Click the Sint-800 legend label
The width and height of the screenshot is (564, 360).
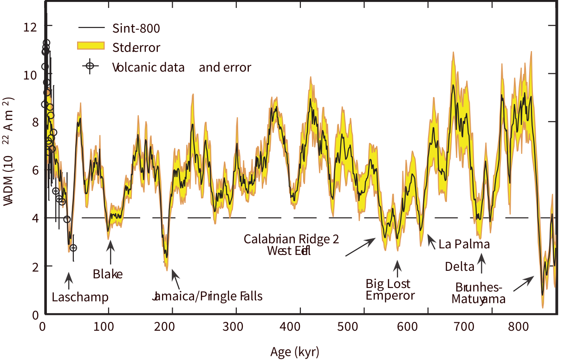coord(136,28)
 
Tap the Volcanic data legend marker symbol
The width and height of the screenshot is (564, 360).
coord(90,66)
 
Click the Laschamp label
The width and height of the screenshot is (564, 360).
coord(80,297)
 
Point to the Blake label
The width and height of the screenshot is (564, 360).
coord(107,274)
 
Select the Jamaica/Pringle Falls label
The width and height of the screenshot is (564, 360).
coord(207,296)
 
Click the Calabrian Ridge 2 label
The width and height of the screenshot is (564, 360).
coord(292,239)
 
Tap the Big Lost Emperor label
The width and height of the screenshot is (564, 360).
coord(390,289)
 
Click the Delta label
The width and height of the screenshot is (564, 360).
coord(460,267)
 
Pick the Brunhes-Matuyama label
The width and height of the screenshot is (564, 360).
coord(479,293)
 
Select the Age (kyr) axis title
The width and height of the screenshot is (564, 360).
coord(295,351)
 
